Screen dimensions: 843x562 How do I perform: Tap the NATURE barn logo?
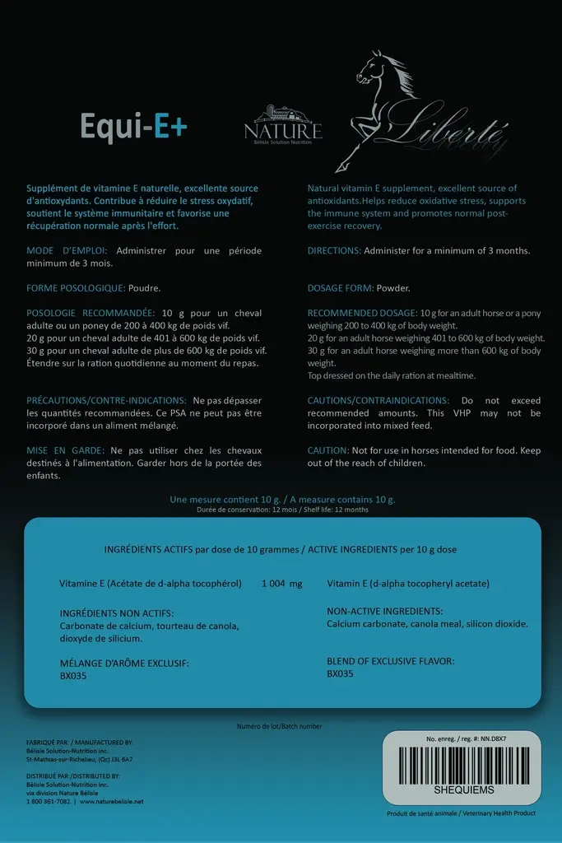click(x=282, y=124)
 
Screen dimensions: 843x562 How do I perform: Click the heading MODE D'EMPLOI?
click(x=69, y=250)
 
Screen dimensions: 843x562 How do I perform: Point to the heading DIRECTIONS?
click(x=333, y=250)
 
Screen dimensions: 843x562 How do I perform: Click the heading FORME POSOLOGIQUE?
click(x=76, y=289)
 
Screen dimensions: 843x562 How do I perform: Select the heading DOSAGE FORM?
click(x=341, y=289)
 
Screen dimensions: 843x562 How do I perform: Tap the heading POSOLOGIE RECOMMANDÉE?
click(x=91, y=314)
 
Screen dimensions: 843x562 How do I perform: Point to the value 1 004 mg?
click(x=281, y=584)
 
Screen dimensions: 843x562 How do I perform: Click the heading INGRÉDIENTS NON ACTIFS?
click(x=117, y=613)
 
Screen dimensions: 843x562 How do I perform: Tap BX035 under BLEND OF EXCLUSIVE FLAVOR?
click(x=340, y=673)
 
